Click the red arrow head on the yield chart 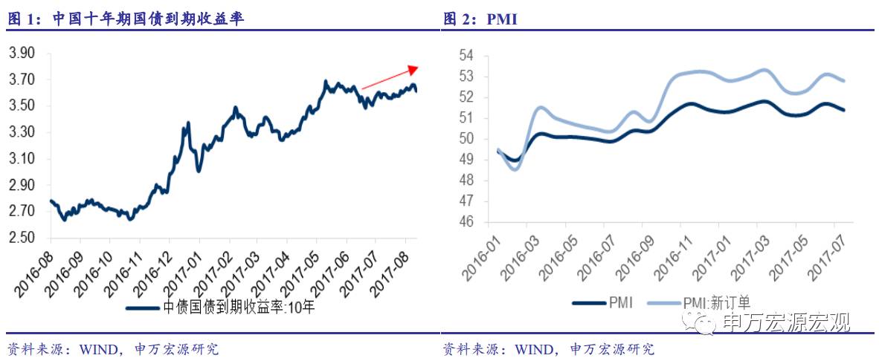click(x=413, y=68)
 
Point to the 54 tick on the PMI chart click(x=466, y=56)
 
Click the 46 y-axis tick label click(x=466, y=221)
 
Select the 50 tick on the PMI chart click(x=466, y=139)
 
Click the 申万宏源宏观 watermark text click(x=785, y=322)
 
